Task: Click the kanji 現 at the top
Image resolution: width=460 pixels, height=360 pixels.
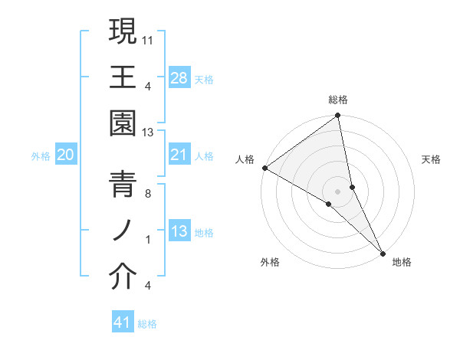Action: point(123,31)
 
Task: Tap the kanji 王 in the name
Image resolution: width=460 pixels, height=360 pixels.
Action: point(123,77)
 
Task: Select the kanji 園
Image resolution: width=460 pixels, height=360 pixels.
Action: point(123,125)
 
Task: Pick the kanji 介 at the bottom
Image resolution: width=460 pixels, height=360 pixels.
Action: point(123,278)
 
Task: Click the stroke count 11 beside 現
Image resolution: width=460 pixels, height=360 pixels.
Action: point(149,38)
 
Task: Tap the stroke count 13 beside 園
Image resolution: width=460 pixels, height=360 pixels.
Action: point(149,133)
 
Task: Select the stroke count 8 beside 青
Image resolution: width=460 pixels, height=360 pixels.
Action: point(149,193)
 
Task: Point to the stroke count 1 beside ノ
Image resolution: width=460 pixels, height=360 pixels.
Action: point(149,240)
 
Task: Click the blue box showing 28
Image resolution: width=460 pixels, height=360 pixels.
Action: point(179,78)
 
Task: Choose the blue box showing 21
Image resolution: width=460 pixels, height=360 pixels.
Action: point(179,155)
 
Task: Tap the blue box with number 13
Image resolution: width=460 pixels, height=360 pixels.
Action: point(179,232)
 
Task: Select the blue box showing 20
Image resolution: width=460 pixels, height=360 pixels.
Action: point(66,155)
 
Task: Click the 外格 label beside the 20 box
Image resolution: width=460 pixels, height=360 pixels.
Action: point(41,156)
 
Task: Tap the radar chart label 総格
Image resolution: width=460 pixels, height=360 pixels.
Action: point(338,100)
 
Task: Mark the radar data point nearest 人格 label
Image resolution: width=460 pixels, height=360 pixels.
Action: point(264,168)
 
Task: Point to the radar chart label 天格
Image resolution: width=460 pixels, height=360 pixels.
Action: point(432,159)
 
